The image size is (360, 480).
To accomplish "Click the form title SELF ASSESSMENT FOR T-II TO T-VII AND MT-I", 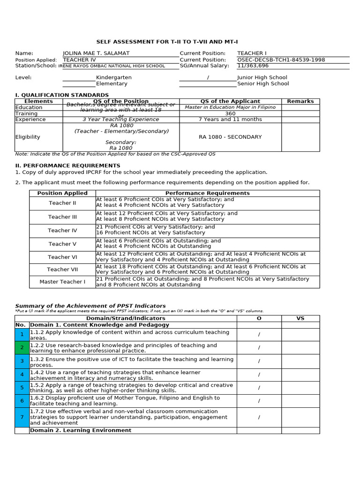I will point(180,42).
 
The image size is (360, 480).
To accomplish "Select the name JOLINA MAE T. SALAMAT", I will point(96,53).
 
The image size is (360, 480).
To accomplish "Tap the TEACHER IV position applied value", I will point(79,60).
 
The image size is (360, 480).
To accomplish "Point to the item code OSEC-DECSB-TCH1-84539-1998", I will point(281,60).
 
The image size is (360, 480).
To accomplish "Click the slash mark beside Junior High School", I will point(208,78).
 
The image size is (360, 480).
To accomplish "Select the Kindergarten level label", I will point(114,78).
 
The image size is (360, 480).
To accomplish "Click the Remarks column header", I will point(300,101).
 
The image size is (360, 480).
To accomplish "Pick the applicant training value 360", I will point(230,113).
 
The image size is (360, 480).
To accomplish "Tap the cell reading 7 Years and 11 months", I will point(230,120).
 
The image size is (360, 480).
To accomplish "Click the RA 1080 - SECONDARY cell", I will point(230,137).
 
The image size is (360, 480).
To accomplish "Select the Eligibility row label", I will point(28,137).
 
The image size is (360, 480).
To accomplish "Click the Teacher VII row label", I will point(62,270).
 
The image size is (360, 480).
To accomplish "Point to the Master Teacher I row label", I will point(62,282).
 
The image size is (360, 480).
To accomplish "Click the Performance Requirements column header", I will point(207,193).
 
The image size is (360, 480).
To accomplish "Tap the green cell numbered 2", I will point(22,348).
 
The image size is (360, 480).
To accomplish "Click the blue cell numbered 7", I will point(22,417).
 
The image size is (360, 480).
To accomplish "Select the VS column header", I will point(300,318).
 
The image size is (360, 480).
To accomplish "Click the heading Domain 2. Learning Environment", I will point(81,430).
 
